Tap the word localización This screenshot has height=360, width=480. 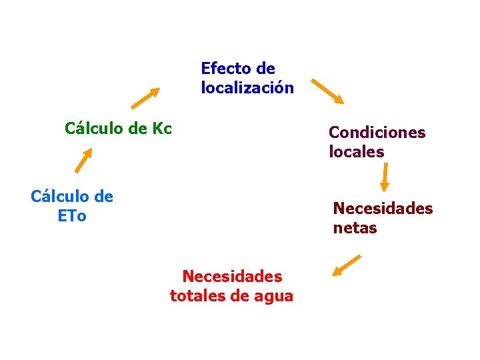click(247, 88)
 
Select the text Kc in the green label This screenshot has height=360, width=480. click(162, 128)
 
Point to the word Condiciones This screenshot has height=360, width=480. click(377, 132)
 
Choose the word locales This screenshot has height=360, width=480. click(356, 152)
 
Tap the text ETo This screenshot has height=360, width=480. click(72, 217)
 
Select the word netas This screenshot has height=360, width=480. click(355, 228)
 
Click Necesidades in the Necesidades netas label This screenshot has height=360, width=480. click(383, 209)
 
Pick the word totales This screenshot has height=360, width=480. click(197, 296)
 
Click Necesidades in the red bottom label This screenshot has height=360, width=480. click(232, 276)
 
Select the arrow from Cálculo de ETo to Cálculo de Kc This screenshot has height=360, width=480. click(83, 160)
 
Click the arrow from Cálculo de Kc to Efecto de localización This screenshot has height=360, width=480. click(145, 97)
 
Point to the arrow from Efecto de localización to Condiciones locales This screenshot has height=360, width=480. click(327, 92)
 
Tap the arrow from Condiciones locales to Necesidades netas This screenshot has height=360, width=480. click(385, 177)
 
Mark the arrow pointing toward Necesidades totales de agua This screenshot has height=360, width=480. click(346, 265)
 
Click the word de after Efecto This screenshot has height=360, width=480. click(265, 68)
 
